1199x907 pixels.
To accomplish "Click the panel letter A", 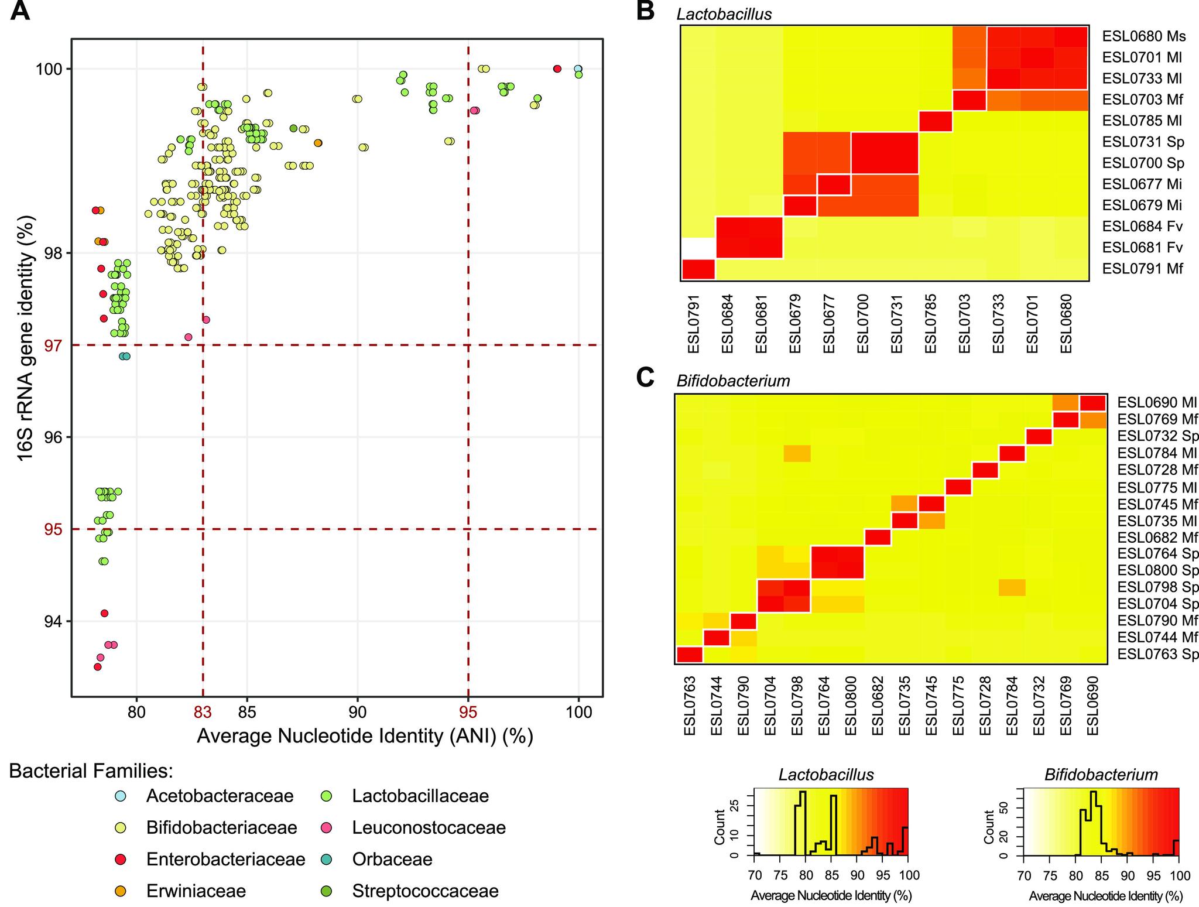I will pos(20,12).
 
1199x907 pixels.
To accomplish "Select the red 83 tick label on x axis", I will pos(203,712).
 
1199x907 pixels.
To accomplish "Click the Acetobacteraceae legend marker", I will pos(122,796).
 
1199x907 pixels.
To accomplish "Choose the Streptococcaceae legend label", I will pos(425,891).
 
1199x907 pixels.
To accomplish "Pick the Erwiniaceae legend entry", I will pos(196,891).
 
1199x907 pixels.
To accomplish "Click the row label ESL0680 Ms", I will pos(1143,36).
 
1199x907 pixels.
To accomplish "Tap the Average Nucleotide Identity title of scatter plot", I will pos(365,735).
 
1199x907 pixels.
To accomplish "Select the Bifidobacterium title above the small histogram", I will pos(1101,775).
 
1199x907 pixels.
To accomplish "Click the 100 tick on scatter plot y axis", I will pos(49,69).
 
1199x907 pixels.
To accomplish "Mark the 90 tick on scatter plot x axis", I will pos(358,712).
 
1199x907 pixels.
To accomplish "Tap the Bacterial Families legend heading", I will pos(91,771).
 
